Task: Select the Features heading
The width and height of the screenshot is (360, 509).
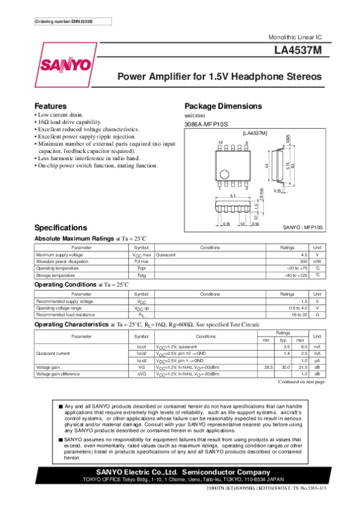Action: click(x=50, y=106)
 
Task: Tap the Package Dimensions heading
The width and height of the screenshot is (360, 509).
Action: click(x=223, y=106)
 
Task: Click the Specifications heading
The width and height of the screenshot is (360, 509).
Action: click(x=61, y=228)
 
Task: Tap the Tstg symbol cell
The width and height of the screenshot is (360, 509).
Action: click(x=141, y=276)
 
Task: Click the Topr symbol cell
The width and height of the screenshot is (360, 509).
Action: click(x=141, y=269)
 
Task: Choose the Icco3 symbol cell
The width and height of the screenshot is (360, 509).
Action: click(x=142, y=360)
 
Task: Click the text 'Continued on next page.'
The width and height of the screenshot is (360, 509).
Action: click(x=302, y=381)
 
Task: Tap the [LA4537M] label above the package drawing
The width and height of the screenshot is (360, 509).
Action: click(x=254, y=132)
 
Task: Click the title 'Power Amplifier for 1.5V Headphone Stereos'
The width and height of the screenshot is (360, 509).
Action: click(x=219, y=77)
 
